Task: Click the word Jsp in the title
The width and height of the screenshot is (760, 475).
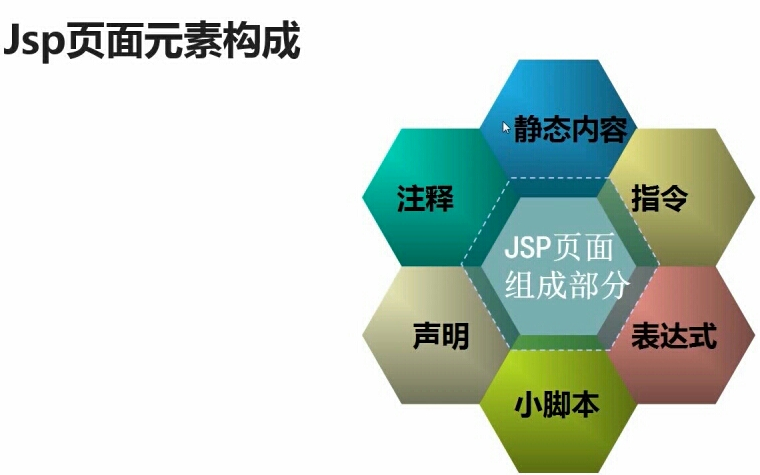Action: point(34,42)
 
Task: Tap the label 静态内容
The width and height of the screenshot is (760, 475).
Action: point(570,130)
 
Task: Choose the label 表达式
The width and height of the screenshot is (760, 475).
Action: point(674,337)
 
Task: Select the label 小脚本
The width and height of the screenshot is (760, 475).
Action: point(556,405)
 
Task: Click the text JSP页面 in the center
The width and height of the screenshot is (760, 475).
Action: point(561,247)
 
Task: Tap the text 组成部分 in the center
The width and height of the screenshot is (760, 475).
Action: point(567,286)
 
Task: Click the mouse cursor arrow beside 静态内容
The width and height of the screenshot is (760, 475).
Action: point(507,127)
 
